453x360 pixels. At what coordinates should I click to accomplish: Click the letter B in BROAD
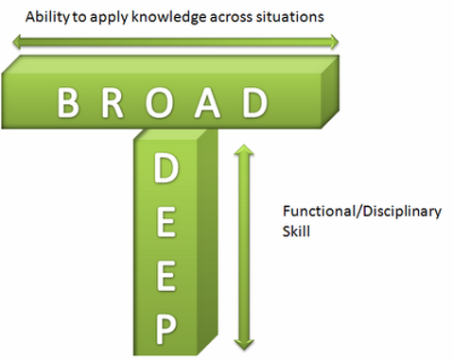click(68, 103)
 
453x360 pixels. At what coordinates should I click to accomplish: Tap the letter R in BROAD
click(113, 103)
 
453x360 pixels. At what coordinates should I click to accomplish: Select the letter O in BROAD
click(159, 103)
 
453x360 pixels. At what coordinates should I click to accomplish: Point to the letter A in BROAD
click(207, 103)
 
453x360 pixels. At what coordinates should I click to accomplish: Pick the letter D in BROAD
click(255, 103)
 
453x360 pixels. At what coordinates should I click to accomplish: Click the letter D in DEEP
click(166, 169)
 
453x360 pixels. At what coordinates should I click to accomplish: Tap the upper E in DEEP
click(166, 222)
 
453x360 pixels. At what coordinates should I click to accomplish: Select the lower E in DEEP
click(166, 276)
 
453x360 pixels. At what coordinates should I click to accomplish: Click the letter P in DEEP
click(166, 330)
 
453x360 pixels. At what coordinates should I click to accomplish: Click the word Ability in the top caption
click(47, 17)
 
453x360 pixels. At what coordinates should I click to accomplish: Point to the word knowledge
click(168, 17)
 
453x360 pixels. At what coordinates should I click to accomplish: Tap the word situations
click(289, 16)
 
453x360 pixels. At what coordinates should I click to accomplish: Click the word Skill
click(296, 231)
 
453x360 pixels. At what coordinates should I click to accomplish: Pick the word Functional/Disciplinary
click(362, 212)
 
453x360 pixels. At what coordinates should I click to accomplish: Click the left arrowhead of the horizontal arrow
click(17, 42)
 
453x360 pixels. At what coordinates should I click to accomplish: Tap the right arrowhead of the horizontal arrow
click(334, 42)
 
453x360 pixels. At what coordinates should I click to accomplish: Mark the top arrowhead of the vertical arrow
click(244, 149)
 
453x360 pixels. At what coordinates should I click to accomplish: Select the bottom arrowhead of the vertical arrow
click(244, 345)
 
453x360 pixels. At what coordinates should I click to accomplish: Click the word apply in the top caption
click(108, 18)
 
